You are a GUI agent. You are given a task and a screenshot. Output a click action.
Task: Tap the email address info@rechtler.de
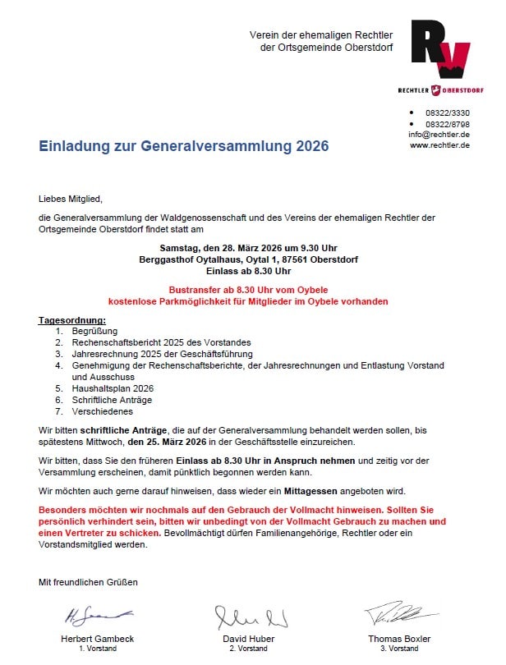point(439,134)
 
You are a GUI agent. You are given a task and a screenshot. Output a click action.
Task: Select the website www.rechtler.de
point(439,144)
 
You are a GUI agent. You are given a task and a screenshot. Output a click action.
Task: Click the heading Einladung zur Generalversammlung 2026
point(183,146)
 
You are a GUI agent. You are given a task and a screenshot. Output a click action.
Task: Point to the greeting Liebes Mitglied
point(73,198)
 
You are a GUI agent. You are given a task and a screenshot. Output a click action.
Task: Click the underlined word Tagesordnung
point(72,319)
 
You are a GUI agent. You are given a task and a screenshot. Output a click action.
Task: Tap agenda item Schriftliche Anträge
point(113,400)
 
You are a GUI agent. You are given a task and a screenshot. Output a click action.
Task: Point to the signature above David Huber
point(251,617)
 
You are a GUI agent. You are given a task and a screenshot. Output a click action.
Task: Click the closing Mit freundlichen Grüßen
point(89,582)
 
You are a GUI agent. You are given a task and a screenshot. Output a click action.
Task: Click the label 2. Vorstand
point(248,649)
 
